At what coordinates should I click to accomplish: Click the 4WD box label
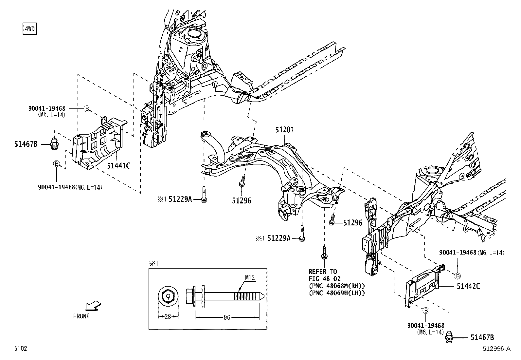29,29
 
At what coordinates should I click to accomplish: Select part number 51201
284,130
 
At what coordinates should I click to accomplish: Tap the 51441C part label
118,166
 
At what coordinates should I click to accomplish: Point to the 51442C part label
468,286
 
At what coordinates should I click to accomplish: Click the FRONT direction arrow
93,306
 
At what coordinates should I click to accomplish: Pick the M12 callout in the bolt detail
249,278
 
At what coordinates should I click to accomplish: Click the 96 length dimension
227,317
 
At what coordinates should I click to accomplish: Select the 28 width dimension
168,317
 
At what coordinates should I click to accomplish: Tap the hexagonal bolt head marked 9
168,297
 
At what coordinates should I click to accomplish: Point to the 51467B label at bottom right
482,337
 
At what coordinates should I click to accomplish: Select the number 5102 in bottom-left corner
20,349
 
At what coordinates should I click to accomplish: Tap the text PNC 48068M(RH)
337,286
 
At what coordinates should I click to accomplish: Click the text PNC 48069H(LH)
337,293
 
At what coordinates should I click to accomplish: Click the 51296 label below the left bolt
242,200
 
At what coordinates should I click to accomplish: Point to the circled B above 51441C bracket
87,109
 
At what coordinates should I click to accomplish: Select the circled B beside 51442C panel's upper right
458,276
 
